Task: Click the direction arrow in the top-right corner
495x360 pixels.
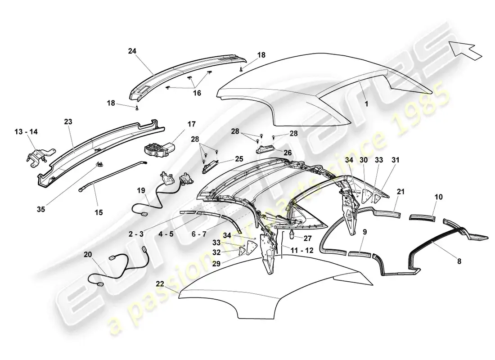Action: coord(465,49)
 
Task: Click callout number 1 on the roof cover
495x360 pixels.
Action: coord(366,103)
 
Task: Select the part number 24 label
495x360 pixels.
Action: coord(132,51)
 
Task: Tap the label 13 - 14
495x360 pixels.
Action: coord(26,131)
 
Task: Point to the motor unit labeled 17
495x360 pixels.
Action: coord(159,149)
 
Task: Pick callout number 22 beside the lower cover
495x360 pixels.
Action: coord(160,284)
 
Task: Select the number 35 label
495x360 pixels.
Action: coord(40,209)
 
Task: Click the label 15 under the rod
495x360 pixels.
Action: coord(99,212)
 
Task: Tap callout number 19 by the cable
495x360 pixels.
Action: coord(141,190)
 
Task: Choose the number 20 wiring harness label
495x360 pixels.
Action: coord(88,255)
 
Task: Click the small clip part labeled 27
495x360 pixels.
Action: coord(292,234)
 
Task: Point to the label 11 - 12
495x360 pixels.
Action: coord(302,250)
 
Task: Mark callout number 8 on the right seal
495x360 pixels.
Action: coord(459,261)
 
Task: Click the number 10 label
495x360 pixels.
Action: coord(438,197)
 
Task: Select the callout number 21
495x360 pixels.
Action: coord(400,192)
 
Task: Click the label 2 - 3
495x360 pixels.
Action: coord(136,234)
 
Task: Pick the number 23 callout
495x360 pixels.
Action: coord(68,121)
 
